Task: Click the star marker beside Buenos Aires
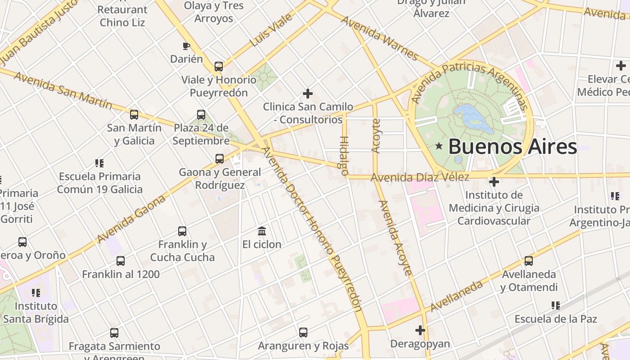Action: tap(439, 146)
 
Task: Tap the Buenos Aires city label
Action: tap(512, 147)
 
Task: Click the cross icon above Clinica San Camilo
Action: tap(308, 94)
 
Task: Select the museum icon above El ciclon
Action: tap(262, 231)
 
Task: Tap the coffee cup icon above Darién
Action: tap(186, 46)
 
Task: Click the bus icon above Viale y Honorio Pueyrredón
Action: tap(219, 67)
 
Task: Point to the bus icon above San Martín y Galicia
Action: tap(134, 115)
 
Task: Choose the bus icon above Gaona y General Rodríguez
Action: tap(220, 159)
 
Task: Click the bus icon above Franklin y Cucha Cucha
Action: tap(182, 231)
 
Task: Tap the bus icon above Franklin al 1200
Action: tap(121, 261)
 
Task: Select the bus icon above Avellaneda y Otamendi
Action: tap(529, 261)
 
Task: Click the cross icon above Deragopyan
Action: tap(420, 330)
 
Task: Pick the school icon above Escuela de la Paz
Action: tap(556, 306)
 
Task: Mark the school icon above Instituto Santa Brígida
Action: tap(36, 293)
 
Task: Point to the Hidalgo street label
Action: tap(344, 155)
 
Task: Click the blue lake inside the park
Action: tap(472, 117)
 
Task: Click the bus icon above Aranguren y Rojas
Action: tap(303, 333)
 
